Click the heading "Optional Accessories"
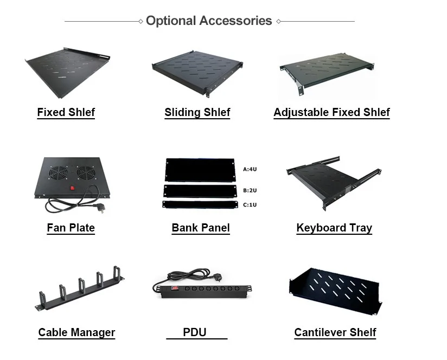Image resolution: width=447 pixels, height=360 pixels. click(209, 21)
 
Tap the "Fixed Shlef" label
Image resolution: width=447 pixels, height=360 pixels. click(66, 112)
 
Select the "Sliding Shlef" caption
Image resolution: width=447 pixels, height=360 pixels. click(197, 113)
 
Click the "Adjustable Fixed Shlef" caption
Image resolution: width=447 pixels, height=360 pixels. click(331, 113)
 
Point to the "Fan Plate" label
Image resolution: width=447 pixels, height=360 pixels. click(71, 228)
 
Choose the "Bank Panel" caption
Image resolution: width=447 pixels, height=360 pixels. click(201, 228)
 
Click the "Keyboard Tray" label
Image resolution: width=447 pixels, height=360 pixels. click(334, 228)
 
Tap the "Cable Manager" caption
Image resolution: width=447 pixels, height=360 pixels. click(76, 332)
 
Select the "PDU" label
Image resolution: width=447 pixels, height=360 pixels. click(194, 332)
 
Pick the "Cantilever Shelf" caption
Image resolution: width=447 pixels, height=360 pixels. click(335, 332)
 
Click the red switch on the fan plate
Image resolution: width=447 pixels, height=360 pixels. click(72, 188)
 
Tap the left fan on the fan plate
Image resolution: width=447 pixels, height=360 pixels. click(58, 172)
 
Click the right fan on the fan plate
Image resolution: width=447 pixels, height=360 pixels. click(86, 172)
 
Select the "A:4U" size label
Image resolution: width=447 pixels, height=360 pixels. click(250, 169)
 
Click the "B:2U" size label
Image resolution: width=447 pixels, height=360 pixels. click(250, 190)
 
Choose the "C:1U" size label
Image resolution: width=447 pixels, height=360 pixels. click(250, 205)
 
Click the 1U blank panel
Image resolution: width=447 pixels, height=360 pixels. click(200, 204)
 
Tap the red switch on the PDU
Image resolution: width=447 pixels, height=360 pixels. click(175, 288)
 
